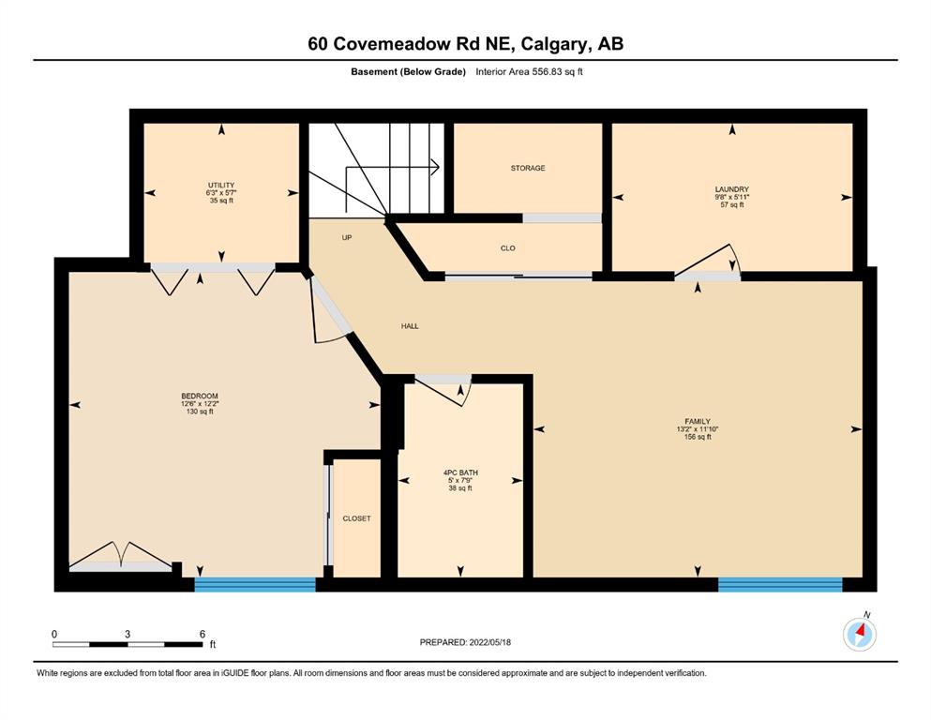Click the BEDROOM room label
point(200,396)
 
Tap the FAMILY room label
point(697,422)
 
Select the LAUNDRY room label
point(732,189)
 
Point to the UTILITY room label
point(221,186)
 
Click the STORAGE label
point(528,168)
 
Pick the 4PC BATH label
point(460,473)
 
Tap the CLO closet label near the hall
point(507,248)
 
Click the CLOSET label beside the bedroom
point(357,518)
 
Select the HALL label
point(410,326)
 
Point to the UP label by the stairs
point(347,237)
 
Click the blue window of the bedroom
point(255,584)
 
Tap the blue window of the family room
point(780,584)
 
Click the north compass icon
point(860,634)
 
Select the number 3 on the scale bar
point(128,634)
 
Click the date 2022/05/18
point(489,642)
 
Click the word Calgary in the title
point(556,44)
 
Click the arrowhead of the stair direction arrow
point(435,168)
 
